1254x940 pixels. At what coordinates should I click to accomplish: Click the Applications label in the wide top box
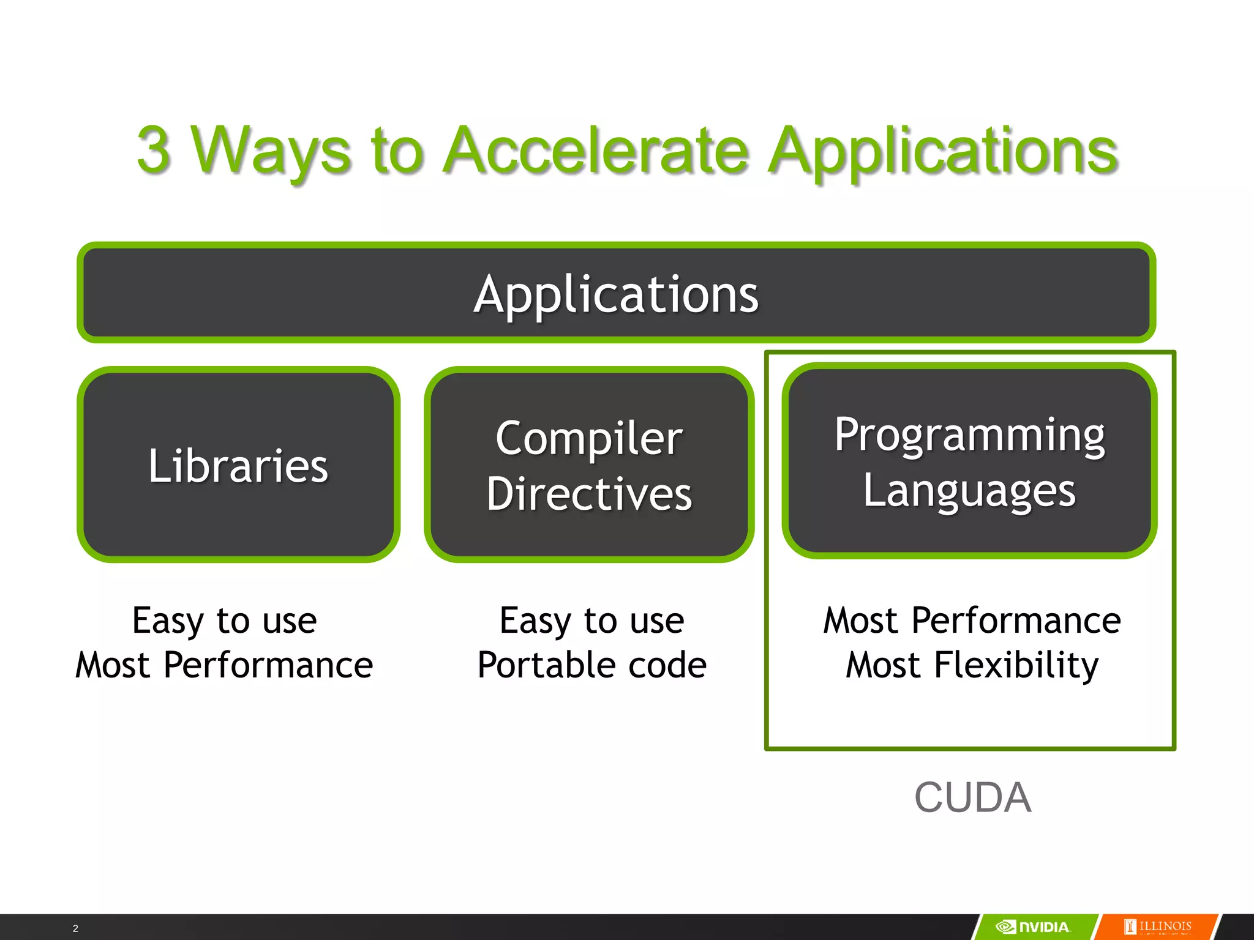click(x=616, y=294)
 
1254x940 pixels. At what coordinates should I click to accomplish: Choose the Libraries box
click(x=238, y=465)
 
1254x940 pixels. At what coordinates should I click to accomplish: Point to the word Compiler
click(x=589, y=438)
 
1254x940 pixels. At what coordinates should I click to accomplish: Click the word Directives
click(x=589, y=493)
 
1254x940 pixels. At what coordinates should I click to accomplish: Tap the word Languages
click(x=969, y=491)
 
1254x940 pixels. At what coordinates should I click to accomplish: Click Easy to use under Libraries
click(x=225, y=621)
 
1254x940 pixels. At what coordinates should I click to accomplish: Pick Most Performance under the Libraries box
click(x=224, y=665)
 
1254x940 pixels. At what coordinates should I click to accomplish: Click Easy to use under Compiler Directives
click(x=591, y=621)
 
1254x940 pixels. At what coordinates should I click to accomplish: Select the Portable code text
click(x=591, y=665)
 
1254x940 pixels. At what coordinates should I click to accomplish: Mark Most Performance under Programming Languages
click(x=972, y=621)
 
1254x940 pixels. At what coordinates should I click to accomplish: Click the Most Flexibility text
click(x=972, y=665)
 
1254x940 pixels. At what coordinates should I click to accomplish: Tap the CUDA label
click(x=972, y=797)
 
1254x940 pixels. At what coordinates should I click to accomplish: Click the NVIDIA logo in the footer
click(x=1034, y=927)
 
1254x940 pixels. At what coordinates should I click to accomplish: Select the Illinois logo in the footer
click(x=1158, y=927)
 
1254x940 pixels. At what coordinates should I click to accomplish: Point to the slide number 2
click(x=75, y=928)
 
